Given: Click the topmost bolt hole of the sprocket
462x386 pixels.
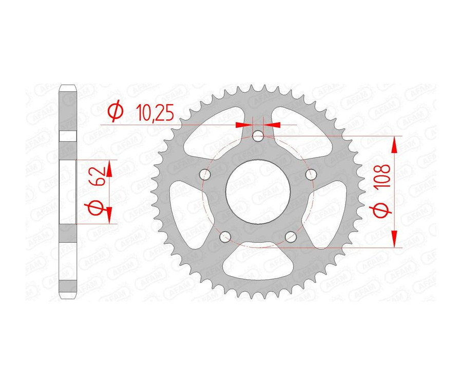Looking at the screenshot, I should pos(258,136).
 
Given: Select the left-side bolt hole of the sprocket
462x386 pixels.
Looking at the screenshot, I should pos(205,175).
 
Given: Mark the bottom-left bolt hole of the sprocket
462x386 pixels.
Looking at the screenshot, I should pos(225,237).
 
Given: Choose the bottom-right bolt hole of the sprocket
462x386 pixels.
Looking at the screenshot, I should pos(291,237).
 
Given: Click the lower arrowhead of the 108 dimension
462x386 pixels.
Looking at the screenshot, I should pos(394,238).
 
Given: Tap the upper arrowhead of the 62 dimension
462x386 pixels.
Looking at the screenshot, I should pos(109,167).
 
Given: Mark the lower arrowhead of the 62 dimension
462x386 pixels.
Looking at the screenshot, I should pos(109,215).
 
